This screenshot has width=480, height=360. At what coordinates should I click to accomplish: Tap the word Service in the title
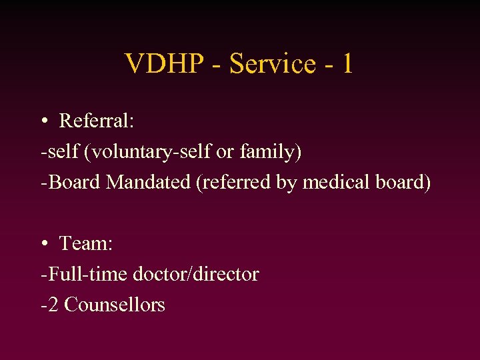click(272, 64)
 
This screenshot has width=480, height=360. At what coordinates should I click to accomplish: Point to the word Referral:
click(97, 121)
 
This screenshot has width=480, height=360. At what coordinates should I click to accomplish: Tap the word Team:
click(86, 244)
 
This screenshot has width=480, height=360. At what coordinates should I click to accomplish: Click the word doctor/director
click(196, 274)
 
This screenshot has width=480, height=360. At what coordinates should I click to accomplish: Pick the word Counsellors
click(115, 305)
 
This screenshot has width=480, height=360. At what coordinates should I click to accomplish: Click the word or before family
click(225, 152)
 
